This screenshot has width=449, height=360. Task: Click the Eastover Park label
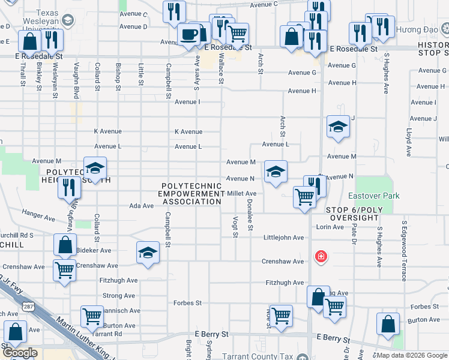point(374,196)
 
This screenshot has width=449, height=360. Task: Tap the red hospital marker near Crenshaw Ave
point(321,257)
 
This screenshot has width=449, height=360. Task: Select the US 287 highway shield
point(36,308)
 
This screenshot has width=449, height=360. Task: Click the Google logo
point(20,353)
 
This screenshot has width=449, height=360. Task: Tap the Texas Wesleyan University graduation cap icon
point(68,20)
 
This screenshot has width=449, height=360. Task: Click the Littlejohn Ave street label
point(284,238)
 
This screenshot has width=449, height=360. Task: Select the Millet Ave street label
point(242,193)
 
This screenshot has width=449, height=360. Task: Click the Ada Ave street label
point(142,206)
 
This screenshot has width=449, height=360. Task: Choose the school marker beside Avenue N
point(276,172)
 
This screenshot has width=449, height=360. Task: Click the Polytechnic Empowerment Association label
point(191,194)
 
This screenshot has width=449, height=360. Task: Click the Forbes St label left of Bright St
point(187,303)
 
